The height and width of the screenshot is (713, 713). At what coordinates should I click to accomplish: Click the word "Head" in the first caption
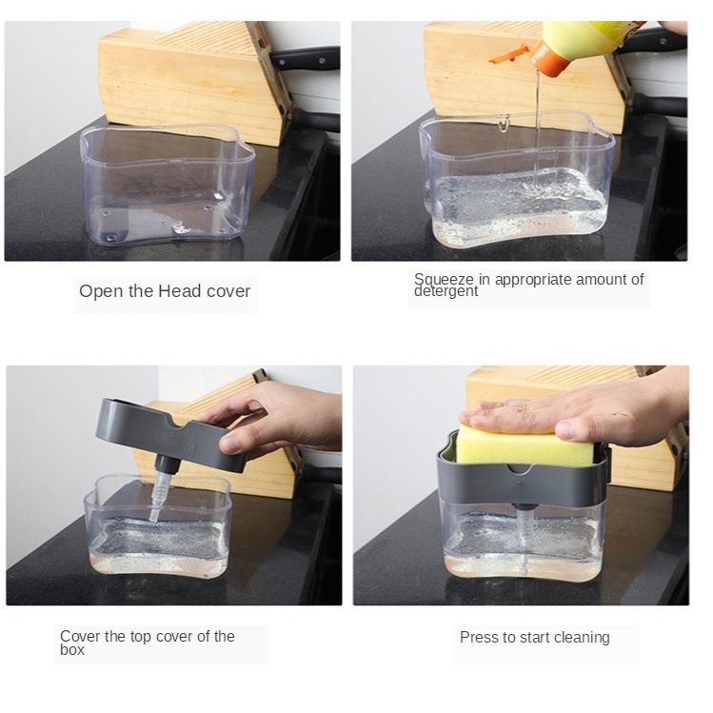(180, 291)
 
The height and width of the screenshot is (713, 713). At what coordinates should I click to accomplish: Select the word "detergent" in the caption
(446, 291)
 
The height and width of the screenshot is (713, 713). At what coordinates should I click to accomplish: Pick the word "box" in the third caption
(72, 650)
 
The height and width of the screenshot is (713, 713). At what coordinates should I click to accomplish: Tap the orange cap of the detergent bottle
(550, 59)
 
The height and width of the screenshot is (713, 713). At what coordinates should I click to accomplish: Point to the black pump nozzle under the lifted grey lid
(166, 464)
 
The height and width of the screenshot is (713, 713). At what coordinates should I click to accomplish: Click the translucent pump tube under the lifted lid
(158, 497)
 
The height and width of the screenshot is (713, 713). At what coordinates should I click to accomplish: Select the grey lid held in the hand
(170, 434)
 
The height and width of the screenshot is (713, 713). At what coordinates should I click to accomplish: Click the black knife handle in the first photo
(306, 58)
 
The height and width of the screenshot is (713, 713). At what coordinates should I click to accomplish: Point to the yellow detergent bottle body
(591, 39)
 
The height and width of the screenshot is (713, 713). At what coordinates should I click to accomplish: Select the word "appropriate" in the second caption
(532, 280)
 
